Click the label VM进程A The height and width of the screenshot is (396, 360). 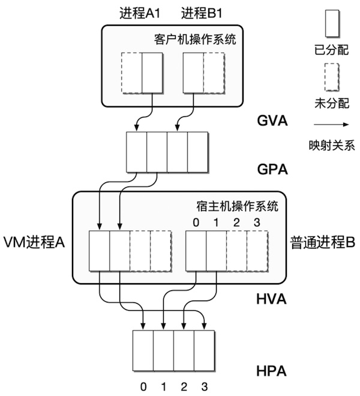point(34,242)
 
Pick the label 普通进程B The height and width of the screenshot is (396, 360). point(323,242)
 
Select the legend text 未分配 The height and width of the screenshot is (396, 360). point(331,101)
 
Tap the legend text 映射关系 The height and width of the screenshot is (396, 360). point(331,144)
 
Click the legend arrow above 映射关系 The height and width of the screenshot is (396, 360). point(331,124)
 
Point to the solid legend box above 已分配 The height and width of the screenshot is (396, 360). point(331,23)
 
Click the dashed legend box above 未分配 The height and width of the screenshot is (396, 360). point(331,76)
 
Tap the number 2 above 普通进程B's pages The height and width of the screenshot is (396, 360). point(236,223)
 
